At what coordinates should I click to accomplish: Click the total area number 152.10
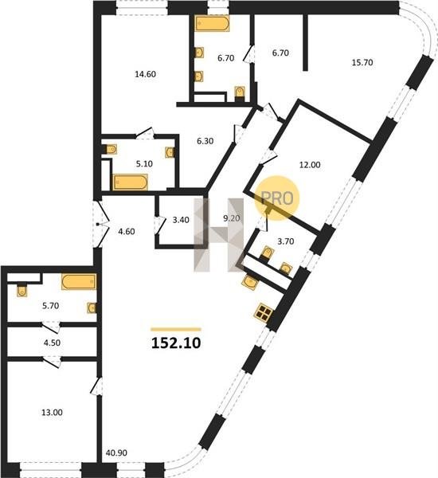coord(176,343)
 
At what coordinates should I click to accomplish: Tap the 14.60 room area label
coord(146,74)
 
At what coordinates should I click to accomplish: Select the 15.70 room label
coord(362,62)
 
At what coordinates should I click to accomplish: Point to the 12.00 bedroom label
coord(310,165)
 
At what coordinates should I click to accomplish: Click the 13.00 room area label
coord(52,413)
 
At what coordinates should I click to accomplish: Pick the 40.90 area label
coord(116,453)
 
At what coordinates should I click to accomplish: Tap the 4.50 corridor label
coord(52,343)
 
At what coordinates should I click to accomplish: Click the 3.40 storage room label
coord(181,220)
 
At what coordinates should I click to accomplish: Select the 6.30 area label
coord(205,141)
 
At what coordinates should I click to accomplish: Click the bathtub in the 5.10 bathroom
coord(131,182)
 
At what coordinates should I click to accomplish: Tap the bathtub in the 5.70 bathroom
coord(79,282)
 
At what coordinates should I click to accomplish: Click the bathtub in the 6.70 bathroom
coord(213,24)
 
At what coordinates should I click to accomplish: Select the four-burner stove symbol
coord(264,312)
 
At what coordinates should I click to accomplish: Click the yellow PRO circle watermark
coord(277,198)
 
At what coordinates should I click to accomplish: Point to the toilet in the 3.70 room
coord(267,253)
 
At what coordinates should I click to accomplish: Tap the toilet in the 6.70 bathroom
coord(240,92)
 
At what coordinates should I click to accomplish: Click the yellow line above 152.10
coord(176,329)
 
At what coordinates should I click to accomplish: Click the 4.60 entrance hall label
coord(127,232)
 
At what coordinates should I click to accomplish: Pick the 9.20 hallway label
coord(232,218)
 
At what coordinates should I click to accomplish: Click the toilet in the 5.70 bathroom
coord(22,291)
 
